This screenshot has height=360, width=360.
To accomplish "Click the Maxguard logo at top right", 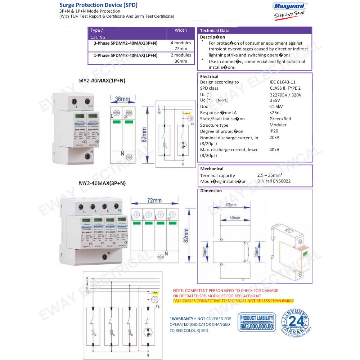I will tap(290, 6).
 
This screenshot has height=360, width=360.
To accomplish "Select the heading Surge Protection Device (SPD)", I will tap(98, 5).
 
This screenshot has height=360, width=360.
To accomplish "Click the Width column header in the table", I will tap(181, 30).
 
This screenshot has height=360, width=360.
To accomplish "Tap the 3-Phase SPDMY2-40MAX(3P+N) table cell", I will tap(125, 43).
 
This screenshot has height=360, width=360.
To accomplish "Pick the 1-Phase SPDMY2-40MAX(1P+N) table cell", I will tap(125, 55).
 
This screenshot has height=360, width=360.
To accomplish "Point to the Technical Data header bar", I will tap(254, 31).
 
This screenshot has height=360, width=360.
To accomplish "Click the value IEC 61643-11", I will tap(283, 82).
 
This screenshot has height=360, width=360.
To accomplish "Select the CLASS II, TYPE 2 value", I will tap(285, 88).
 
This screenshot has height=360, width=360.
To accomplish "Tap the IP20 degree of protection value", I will tap(274, 131).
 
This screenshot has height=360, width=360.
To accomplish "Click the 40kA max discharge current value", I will tap(274, 150).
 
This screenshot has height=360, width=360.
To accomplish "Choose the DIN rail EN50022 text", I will tap(274, 181).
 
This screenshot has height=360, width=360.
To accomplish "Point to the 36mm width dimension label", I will tap(122, 99).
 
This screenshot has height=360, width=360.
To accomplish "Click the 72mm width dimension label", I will tap(154, 200).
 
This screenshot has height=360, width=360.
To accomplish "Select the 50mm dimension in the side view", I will tap(234, 218).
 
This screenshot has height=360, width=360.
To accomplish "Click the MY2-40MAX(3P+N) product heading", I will tap(102, 183).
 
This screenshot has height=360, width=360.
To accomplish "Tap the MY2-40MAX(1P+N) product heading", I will tap(102, 81).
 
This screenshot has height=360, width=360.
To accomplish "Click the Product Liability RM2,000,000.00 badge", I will tap(257, 322).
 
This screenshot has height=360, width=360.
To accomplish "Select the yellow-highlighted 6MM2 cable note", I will tap(234, 301).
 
